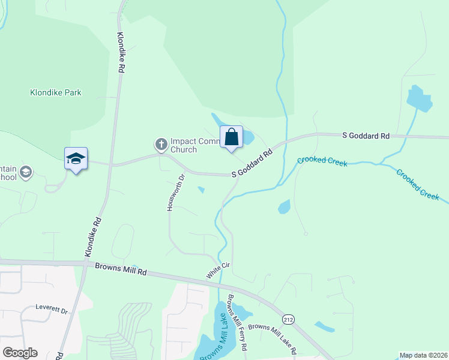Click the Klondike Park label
point(56,93)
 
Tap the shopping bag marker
point(231,137)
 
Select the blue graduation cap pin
point(76,159)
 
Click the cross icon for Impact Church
point(161,144)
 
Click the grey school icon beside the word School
point(26,173)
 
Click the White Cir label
point(218,269)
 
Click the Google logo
point(20,353)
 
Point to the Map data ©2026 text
point(424,355)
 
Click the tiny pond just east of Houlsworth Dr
point(201,191)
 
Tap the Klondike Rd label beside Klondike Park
point(121,52)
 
